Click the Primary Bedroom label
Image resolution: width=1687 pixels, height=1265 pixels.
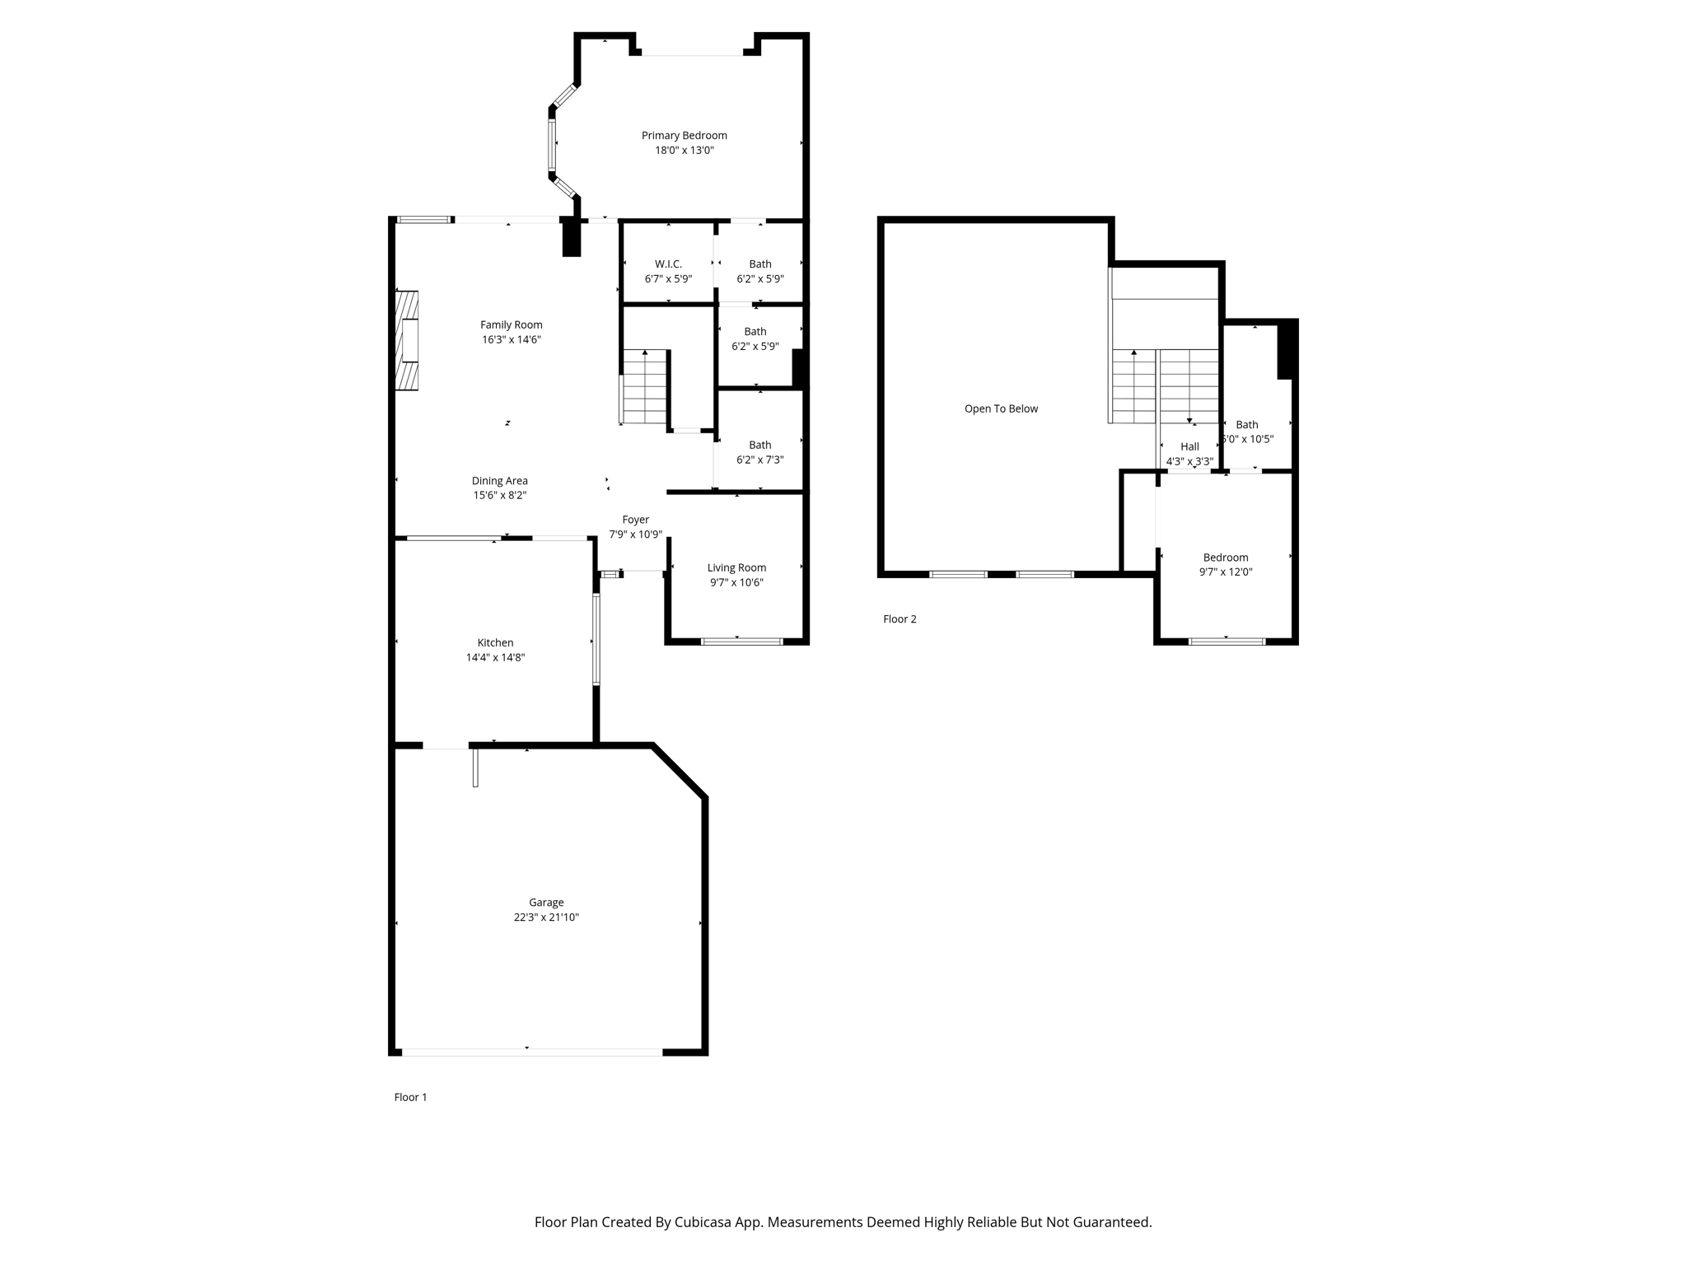tap(684, 136)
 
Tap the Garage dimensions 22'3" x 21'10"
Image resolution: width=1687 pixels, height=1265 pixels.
tap(546, 917)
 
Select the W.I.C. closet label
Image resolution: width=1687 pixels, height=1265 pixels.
tap(668, 264)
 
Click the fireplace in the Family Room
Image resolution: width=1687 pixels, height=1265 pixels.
tap(407, 340)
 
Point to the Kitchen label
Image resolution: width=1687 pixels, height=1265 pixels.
tap(495, 643)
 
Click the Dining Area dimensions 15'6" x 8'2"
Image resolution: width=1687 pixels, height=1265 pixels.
tap(499, 496)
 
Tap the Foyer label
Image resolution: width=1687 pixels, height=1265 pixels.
tap(635, 520)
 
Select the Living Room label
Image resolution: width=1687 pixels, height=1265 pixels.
tap(736, 567)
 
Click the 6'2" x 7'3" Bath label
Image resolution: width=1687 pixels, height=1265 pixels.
tap(759, 446)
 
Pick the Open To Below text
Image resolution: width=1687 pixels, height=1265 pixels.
tap(1001, 408)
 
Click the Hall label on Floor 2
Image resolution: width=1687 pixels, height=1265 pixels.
tap(1189, 446)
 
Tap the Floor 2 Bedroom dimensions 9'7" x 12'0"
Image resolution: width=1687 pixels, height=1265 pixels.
tap(1226, 572)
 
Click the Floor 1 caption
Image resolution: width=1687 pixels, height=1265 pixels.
tap(410, 1097)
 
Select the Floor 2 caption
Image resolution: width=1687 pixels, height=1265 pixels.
tap(900, 619)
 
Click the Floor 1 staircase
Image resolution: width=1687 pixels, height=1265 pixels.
tap(644, 387)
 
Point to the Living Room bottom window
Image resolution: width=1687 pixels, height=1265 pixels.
tap(741, 641)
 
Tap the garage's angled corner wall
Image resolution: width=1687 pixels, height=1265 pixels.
tap(680, 771)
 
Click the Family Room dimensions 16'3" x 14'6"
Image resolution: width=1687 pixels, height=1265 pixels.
tap(511, 340)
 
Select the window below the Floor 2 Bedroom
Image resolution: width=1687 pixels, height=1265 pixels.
tap(1227, 641)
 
